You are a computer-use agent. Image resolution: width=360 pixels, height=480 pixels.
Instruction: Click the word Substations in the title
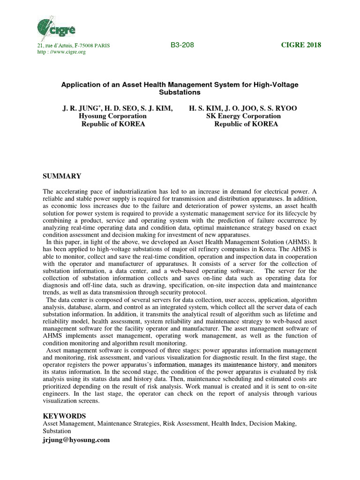[180, 92]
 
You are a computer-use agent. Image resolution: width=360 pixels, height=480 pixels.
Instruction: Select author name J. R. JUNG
[78, 108]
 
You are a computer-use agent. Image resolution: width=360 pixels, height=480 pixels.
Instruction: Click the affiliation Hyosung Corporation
[113, 116]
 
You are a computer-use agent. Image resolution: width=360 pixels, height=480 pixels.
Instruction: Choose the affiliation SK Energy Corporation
[243, 116]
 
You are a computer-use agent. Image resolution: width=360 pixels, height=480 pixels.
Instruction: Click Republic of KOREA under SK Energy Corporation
[246, 124]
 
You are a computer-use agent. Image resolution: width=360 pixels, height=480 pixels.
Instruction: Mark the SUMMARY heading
[62, 176]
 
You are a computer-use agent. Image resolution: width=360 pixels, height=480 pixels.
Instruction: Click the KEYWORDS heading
[64, 416]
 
